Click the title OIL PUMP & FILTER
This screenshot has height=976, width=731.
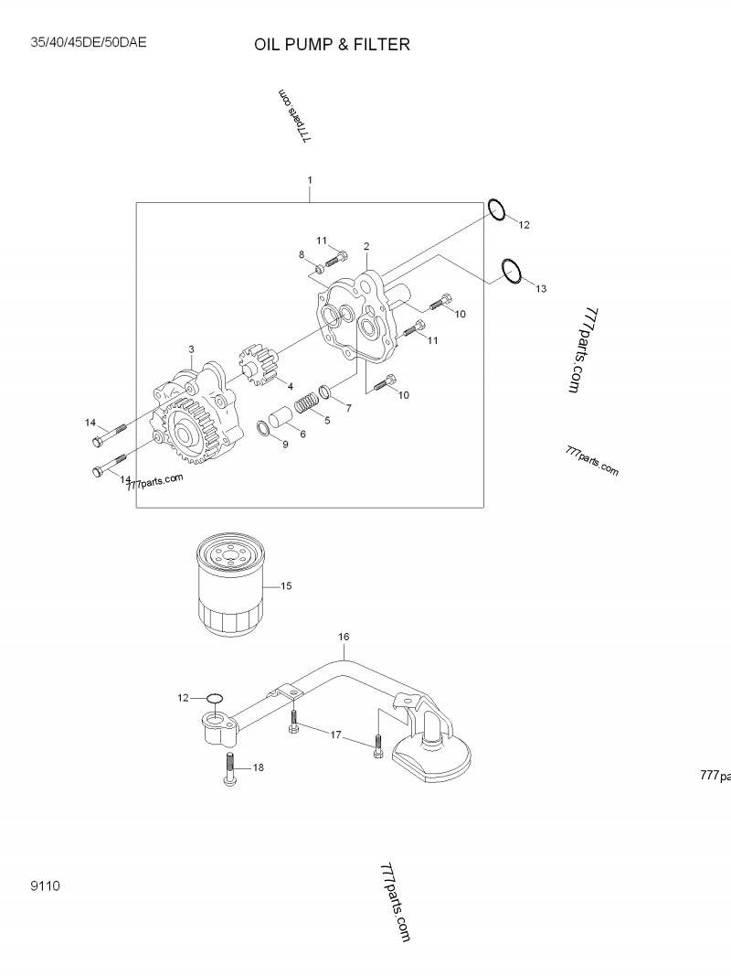[x=332, y=44]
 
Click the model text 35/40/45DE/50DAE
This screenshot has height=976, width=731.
[x=89, y=42]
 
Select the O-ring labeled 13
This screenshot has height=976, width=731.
[x=512, y=273]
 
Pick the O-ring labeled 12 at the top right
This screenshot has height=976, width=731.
[x=496, y=209]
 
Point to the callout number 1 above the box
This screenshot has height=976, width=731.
[x=310, y=180]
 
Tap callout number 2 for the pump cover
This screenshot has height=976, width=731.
[x=365, y=246]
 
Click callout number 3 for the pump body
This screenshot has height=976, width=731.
[x=191, y=349]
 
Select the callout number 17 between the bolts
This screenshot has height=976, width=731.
[x=335, y=735]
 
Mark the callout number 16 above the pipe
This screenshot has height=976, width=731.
[x=344, y=636]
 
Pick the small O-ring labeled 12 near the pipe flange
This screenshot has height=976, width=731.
[x=215, y=700]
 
